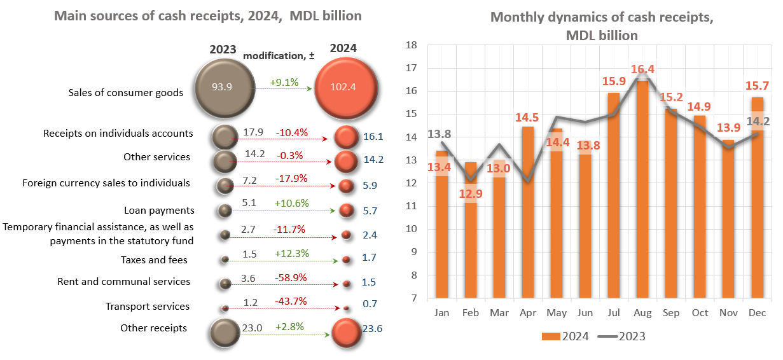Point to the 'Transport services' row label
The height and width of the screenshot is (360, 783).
coord(148,307)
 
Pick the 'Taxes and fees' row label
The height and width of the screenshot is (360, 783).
coord(154,260)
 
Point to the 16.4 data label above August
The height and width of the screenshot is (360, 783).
coord(642,70)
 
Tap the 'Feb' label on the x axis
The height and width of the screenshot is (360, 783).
coord(471,313)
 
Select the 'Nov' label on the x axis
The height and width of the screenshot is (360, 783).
coord(729,313)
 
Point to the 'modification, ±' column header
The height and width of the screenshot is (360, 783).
coord(279,56)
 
